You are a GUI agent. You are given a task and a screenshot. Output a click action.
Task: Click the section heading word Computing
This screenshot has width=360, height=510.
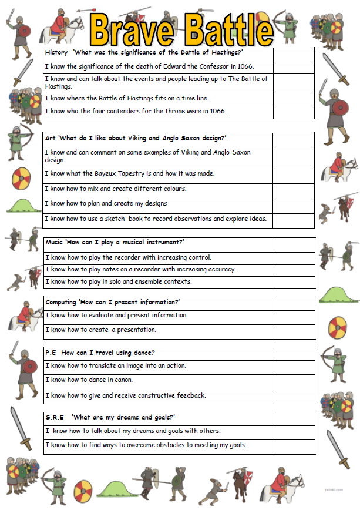tap(60, 302)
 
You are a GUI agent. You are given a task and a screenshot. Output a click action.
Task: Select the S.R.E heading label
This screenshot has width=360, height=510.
tap(55, 417)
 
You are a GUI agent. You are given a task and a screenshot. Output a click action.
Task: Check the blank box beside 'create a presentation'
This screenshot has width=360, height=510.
tap(294, 331)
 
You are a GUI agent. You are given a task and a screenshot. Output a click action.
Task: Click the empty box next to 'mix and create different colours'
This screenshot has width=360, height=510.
tap(294, 190)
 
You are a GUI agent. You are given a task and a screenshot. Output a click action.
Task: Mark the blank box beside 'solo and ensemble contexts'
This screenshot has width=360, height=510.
tap(294, 282)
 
